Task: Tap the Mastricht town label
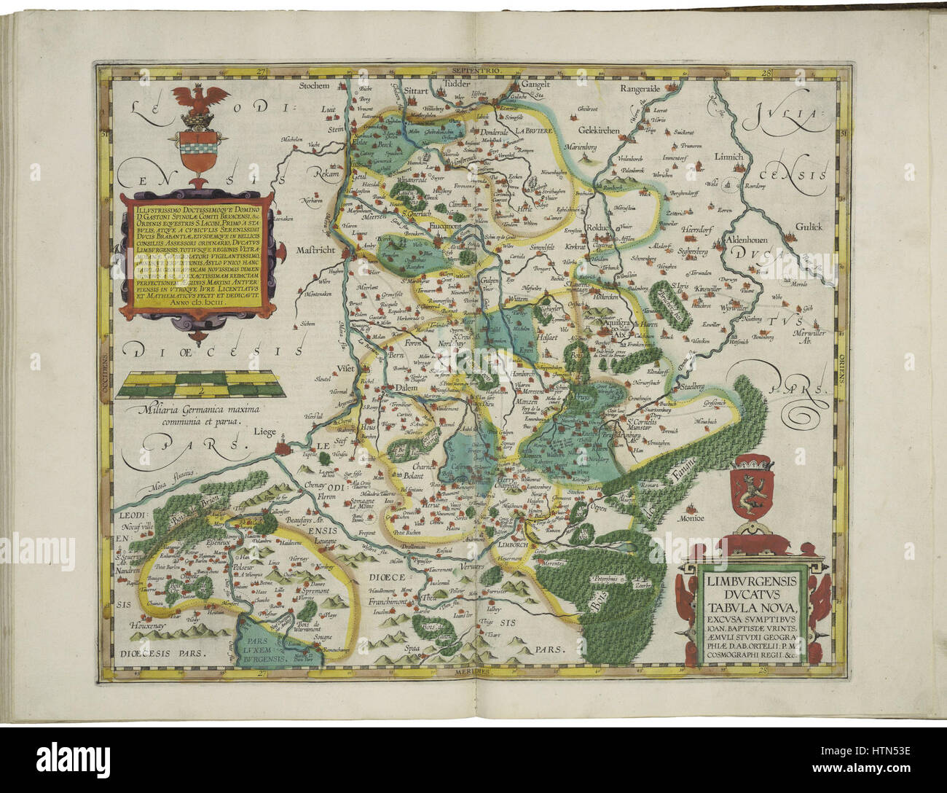pos(314,249)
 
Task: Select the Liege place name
pos(264,431)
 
